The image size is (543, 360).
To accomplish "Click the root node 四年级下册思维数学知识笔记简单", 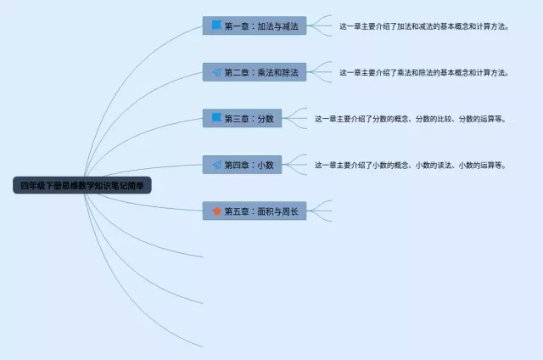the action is click(x=82, y=185).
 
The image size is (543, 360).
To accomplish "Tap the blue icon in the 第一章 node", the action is click(x=216, y=26).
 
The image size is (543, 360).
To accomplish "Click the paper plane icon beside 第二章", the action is click(x=216, y=72).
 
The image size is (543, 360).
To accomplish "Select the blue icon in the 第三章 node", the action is click(x=216, y=118).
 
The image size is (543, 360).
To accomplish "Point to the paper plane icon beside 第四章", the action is click(x=216, y=165).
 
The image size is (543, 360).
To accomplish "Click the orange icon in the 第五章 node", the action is click(x=216, y=211).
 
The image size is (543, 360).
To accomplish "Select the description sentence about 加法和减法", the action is click(x=423, y=26).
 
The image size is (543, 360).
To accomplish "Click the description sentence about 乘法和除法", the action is click(x=423, y=72).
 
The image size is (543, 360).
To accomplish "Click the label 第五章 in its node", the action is click(x=238, y=211).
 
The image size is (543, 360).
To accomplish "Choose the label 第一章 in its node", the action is click(x=238, y=26).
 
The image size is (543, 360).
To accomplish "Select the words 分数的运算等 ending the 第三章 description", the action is click(x=481, y=119).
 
